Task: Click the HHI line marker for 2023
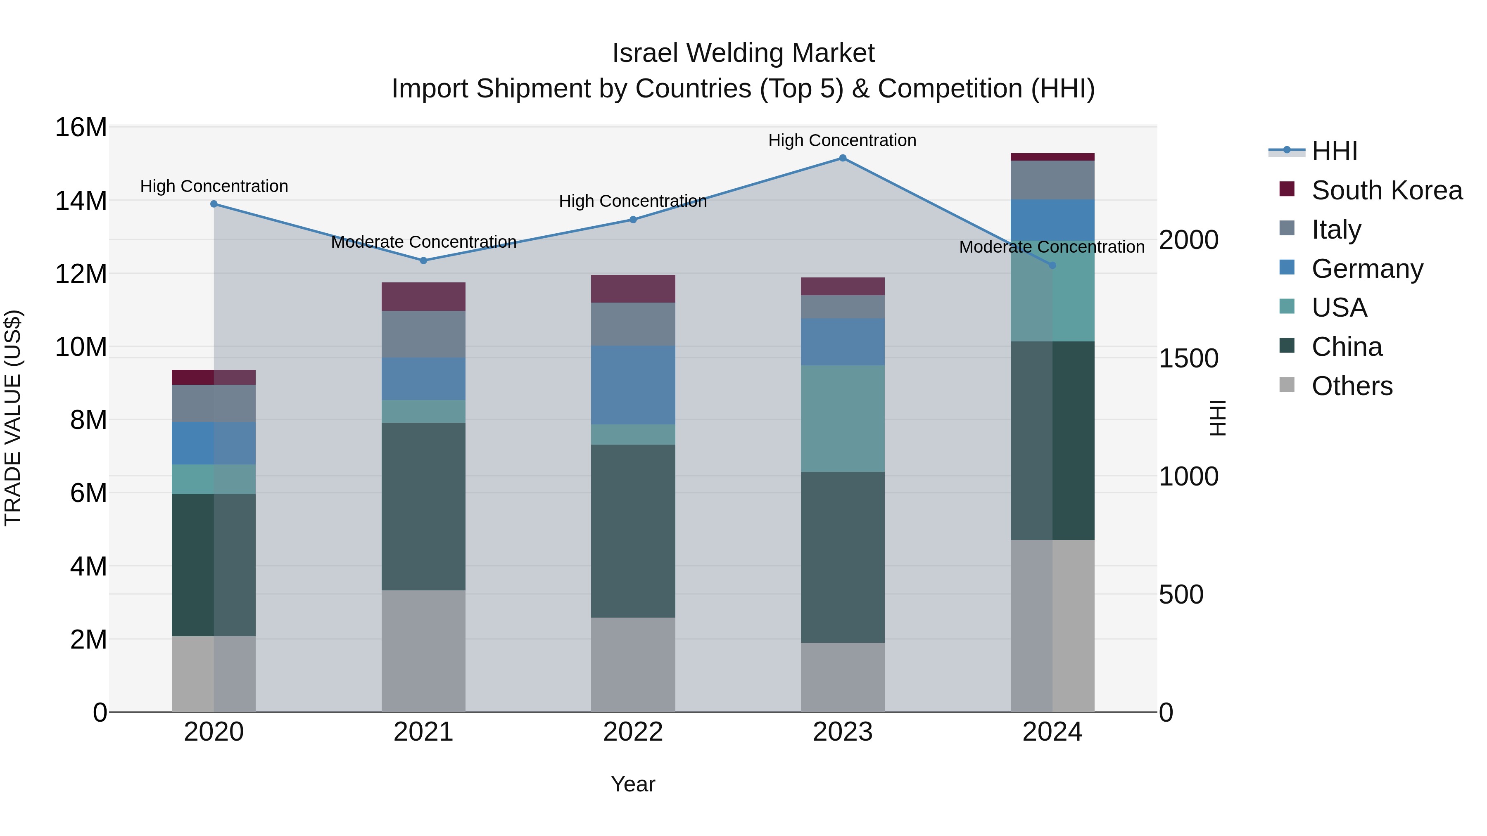pyautogui.click(x=842, y=158)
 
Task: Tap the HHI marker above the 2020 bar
pyautogui.click(x=214, y=204)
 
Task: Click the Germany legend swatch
pyautogui.click(x=1287, y=268)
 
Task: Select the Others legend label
pyautogui.click(x=1352, y=386)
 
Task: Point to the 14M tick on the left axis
pyautogui.click(x=81, y=201)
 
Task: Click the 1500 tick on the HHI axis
pyautogui.click(x=1188, y=358)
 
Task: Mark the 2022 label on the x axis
pyautogui.click(x=633, y=732)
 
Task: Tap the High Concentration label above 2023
pyautogui.click(x=842, y=140)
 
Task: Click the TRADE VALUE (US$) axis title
pyautogui.click(x=13, y=418)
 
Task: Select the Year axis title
pyautogui.click(x=633, y=784)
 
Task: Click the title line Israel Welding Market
pyautogui.click(x=743, y=53)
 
